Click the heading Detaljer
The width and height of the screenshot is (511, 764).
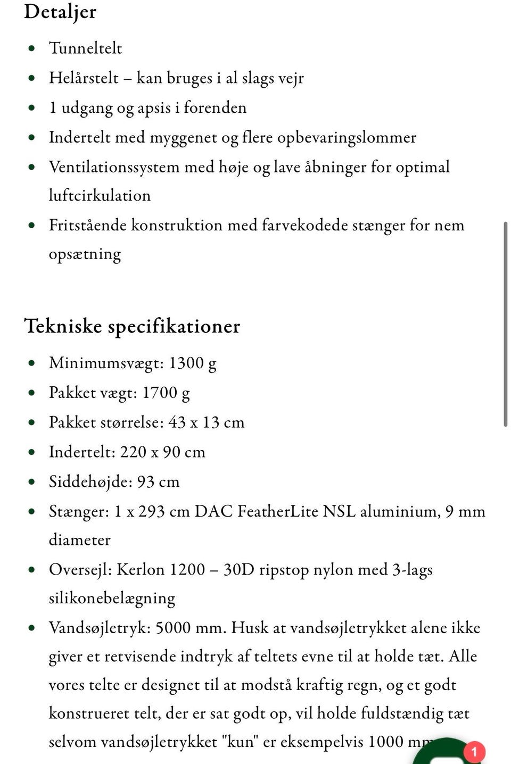click(60, 12)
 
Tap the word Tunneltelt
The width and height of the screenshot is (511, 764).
click(85, 48)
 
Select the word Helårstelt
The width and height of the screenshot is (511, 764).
click(84, 78)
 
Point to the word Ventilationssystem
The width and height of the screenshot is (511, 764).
click(114, 167)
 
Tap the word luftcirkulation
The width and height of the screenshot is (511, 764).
click(100, 196)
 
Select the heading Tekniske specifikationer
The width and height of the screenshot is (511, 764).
click(132, 326)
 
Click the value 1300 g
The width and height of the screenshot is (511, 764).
click(192, 363)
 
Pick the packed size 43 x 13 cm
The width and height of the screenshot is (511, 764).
click(206, 422)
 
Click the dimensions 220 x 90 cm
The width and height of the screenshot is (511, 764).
click(162, 452)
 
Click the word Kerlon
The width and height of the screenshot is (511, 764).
click(140, 570)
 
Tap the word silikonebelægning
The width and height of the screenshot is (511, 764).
click(112, 599)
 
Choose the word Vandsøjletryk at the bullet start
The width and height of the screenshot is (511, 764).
click(99, 628)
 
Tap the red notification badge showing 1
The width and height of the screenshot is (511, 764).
click(474, 752)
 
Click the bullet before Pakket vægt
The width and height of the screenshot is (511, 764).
click(32, 393)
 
